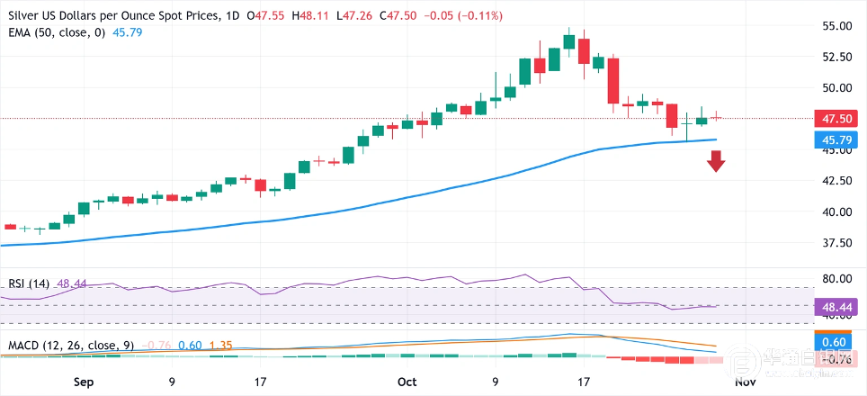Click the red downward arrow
(716, 162)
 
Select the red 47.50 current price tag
(834, 119)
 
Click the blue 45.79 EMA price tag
(834, 139)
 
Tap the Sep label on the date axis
(83, 382)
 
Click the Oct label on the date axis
(407, 382)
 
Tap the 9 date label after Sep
(172, 382)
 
